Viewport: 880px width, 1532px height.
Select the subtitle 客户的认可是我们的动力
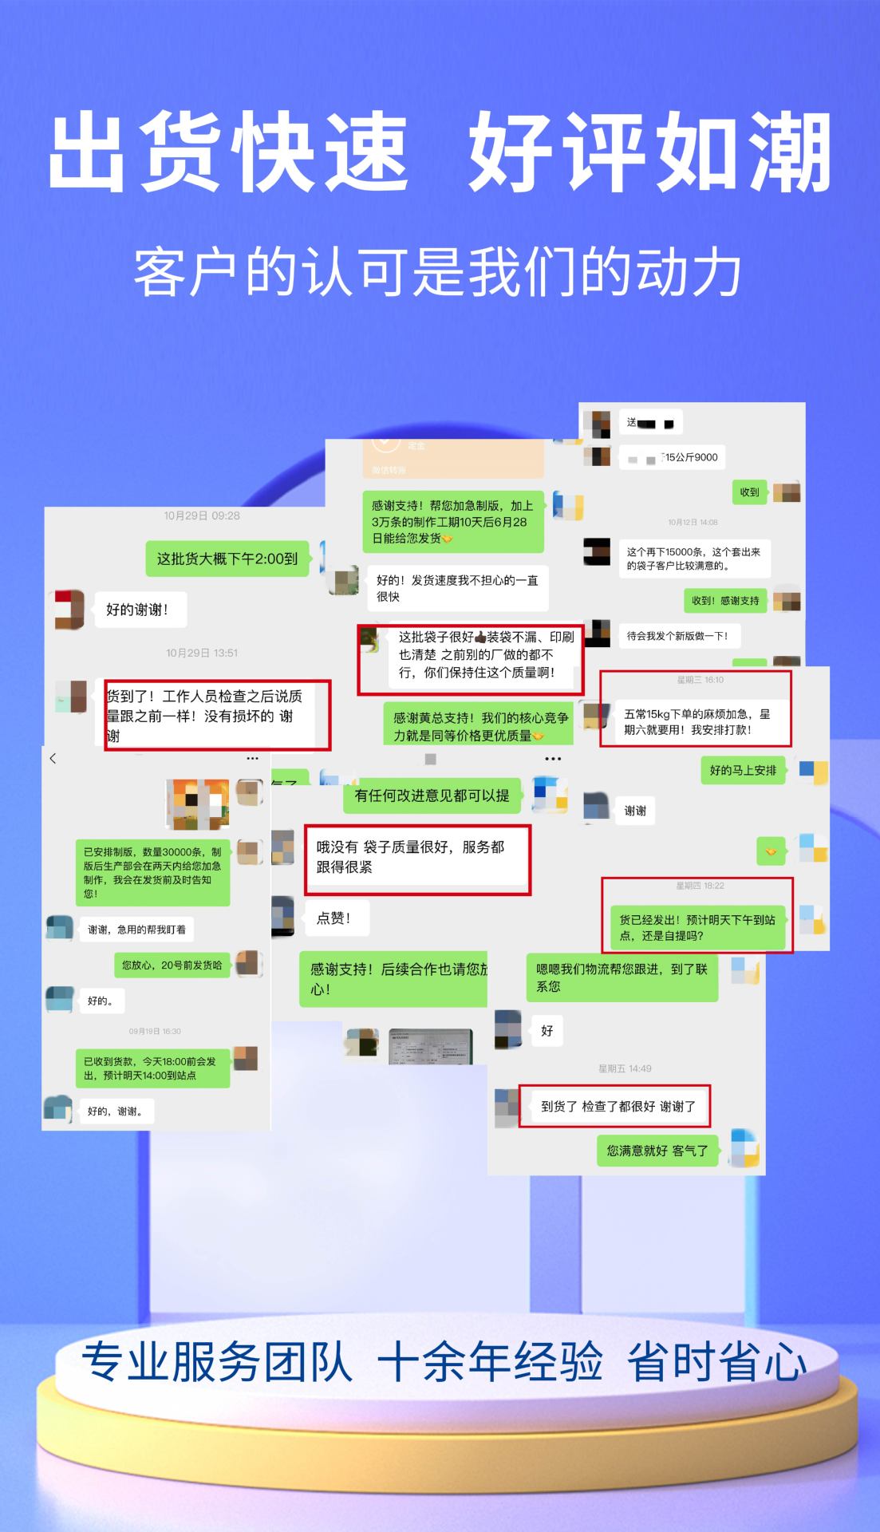click(438, 273)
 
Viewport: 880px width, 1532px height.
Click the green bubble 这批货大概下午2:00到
click(227, 559)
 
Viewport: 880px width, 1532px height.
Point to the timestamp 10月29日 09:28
click(202, 515)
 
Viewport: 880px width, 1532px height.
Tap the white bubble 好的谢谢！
click(136, 610)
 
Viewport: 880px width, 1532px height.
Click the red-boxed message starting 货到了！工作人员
click(216, 715)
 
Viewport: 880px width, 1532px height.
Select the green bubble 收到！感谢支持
click(725, 601)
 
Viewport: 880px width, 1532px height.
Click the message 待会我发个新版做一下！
click(677, 636)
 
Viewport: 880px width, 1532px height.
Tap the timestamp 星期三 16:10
click(700, 680)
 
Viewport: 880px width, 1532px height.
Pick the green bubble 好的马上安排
click(743, 770)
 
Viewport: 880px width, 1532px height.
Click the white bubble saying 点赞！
click(333, 918)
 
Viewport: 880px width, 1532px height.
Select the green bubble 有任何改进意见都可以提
click(432, 796)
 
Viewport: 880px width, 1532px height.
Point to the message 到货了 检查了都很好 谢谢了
click(618, 1106)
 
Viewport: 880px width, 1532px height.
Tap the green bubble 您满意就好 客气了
click(657, 1151)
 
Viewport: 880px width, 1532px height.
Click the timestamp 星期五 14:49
click(625, 1068)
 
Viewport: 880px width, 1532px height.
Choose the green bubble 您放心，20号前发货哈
click(172, 965)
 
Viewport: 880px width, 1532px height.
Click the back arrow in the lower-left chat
click(53, 758)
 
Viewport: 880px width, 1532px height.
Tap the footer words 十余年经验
click(490, 1361)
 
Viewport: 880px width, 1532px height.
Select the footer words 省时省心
click(716, 1361)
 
